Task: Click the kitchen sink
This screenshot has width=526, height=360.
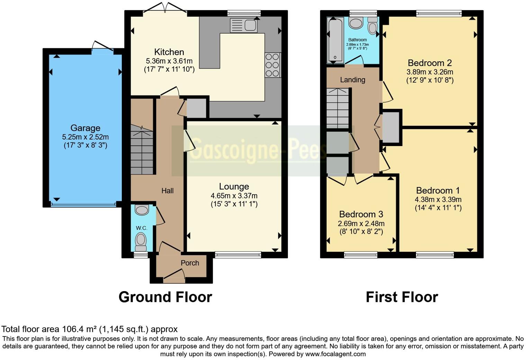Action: tap(243, 25)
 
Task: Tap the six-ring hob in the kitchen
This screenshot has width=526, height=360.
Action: tap(272, 65)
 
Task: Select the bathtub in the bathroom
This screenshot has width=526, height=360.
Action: tap(335, 40)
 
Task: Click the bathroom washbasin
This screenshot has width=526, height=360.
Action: tap(356, 24)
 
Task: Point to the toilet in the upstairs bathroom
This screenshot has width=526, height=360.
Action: tap(372, 26)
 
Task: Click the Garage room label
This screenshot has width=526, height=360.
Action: tap(85, 128)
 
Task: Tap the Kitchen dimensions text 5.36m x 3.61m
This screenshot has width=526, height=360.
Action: tap(169, 61)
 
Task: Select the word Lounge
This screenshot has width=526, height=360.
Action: tap(234, 187)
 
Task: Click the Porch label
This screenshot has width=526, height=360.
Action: tap(190, 263)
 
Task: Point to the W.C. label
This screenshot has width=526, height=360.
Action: tap(142, 228)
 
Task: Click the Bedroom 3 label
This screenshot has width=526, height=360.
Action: tap(361, 214)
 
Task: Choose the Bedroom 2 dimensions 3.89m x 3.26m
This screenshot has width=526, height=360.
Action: tap(430, 72)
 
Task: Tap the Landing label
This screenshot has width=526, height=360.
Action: tap(352, 80)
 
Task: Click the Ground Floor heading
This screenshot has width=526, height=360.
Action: tap(165, 297)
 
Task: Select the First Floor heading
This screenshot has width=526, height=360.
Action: tap(402, 297)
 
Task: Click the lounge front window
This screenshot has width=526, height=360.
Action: tap(238, 255)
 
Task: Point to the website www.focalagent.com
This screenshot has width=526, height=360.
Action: tap(335, 354)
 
